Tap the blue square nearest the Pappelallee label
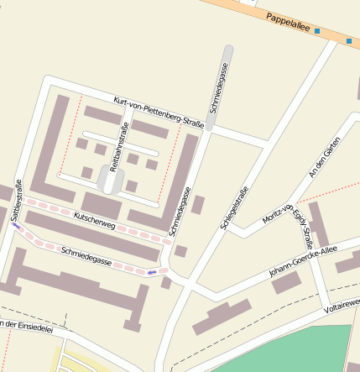pyautogui.click(x=317, y=30)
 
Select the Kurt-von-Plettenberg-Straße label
pyautogui.click(x=159, y=113)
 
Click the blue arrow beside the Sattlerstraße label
pyautogui.click(x=16, y=226)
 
